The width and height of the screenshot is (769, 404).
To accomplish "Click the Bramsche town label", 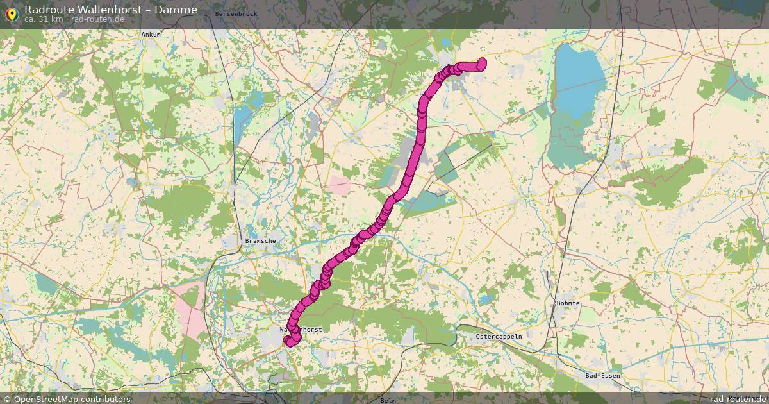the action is tap(260, 241).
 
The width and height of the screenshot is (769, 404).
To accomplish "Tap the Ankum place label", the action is tap(151, 34).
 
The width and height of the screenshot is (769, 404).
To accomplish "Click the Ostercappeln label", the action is tap(499, 336).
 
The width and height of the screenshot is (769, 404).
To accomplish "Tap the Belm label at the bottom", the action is tap(388, 400).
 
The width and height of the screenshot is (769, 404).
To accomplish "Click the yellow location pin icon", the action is tap(11, 12).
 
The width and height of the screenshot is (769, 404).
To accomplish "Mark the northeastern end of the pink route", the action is tap(482, 62).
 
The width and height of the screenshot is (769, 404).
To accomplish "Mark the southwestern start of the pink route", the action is tap(286, 341).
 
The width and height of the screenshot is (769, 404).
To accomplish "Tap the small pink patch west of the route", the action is tap(340, 185).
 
